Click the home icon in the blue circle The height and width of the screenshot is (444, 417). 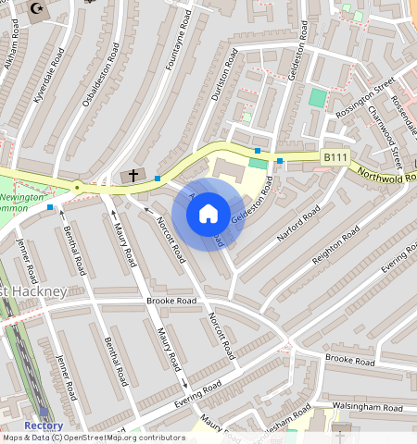coord(208,214)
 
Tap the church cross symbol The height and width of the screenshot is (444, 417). coord(133,174)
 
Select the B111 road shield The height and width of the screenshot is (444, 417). coord(335,158)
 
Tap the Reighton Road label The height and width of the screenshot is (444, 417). coord(335,248)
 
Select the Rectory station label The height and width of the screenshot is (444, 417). coord(44,425)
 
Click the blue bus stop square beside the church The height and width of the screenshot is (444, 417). coord(158,178)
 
